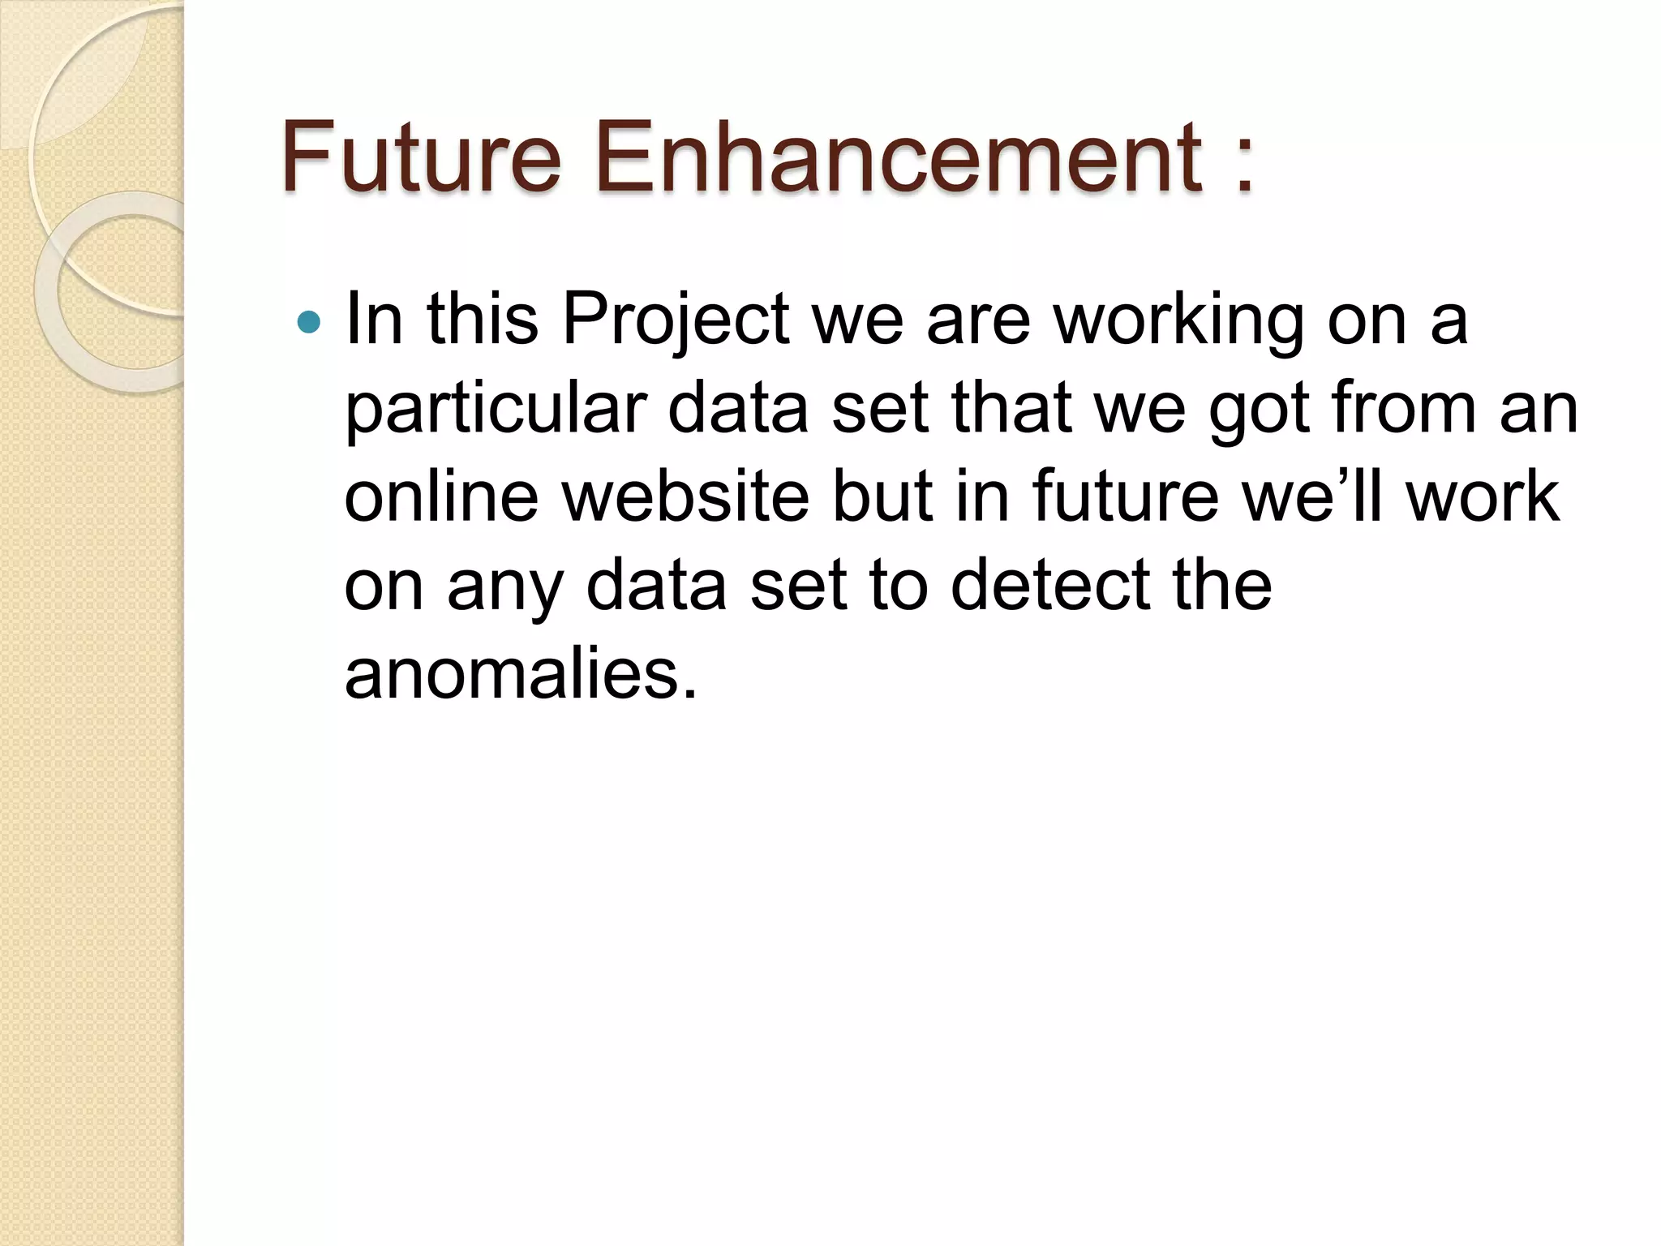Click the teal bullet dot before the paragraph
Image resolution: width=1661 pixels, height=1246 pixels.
coord(309,323)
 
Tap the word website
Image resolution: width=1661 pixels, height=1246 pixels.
coord(685,496)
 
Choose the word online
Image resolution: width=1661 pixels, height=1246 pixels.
coord(441,496)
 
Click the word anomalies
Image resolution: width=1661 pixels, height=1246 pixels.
coord(521,675)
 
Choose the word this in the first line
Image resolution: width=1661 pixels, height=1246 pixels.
coord(483,320)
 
